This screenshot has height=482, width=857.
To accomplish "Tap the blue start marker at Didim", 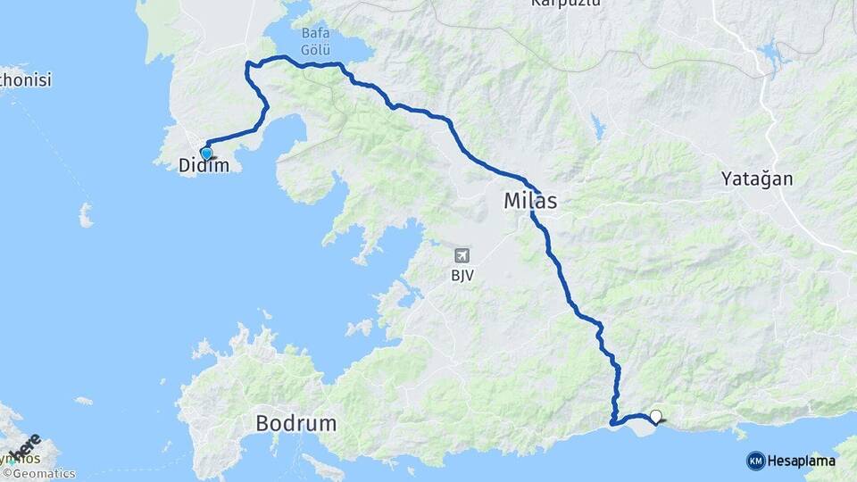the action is (206, 154).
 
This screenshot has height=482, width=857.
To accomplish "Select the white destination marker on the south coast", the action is (656, 416).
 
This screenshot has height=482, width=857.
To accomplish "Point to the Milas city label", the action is (530, 202).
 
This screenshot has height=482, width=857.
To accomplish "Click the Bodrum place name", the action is (296, 423).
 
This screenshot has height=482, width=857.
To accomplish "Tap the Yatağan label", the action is (756, 179).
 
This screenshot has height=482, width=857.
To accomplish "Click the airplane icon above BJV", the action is (462, 256).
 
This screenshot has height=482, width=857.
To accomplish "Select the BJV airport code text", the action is (462, 275).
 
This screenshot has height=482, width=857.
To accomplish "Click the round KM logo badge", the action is (755, 461).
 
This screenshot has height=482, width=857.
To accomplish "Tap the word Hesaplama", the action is (801, 461).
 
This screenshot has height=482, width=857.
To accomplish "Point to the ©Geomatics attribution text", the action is (39, 474).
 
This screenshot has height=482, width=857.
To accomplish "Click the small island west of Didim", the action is (86, 214).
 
